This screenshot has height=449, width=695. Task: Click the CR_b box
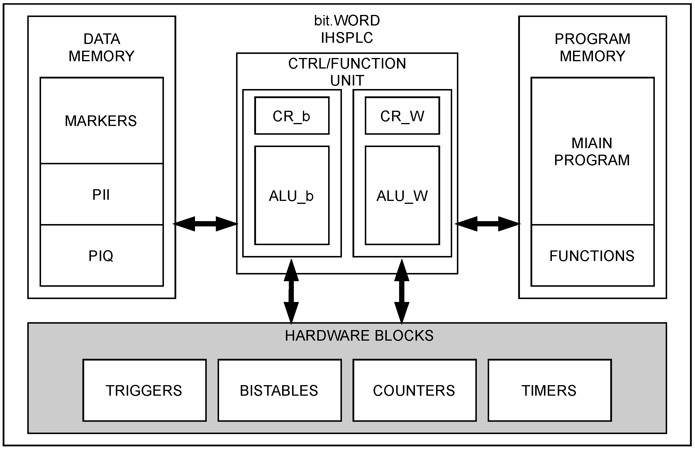tap(292, 116)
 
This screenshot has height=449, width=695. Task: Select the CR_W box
tap(402, 116)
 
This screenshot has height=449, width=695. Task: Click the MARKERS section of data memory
tap(101, 121)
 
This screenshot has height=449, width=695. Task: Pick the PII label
tap(101, 195)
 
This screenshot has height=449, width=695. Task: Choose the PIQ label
tap(101, 256)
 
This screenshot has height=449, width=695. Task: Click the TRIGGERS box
tap(144, 390)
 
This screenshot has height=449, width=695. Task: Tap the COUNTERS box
tap(414, 390)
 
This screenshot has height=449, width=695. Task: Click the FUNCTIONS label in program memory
tap(592, 256)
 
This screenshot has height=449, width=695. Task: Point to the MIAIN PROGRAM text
tap(592, 152)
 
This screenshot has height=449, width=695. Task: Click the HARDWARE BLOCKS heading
tap(359, 336)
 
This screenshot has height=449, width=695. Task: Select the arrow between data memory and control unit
tap(205, 224)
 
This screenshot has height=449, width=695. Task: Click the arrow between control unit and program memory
tap(488, 224)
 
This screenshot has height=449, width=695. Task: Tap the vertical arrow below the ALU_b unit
tap(291, 291)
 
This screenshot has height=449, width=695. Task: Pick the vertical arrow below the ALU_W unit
tap(402, 291)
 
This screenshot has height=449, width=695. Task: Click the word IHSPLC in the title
tap(347, 37)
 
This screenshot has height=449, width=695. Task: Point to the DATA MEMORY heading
tap(101, 47)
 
